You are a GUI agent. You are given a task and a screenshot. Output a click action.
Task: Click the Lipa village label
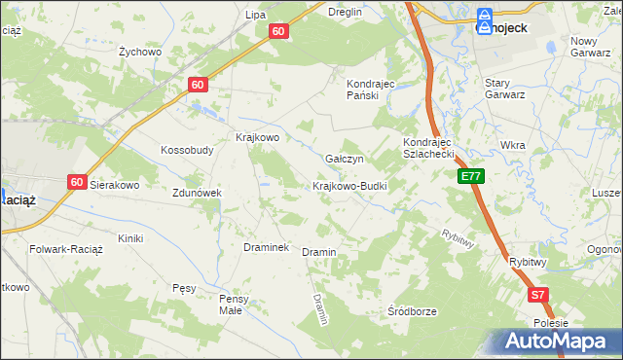[x=256, y=15]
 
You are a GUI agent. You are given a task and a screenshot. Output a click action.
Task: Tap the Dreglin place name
[x=346, y=12]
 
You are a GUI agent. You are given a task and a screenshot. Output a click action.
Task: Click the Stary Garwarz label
[x=505, y=89]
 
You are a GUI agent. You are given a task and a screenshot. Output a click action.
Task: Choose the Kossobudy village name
[x=187, y=151]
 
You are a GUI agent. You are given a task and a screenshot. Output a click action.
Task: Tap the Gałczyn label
[x=345, y=159]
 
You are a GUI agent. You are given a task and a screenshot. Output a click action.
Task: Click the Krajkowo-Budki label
[x=350, y=186]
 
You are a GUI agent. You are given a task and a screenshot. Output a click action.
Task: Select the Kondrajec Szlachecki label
[x=429, y=148]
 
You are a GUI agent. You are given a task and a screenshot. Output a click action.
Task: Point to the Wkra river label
[x=512, y=145]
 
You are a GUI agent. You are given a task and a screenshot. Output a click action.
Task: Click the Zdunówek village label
[x=199, y=193]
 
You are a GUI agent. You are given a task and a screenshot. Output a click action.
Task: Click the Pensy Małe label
[x=236, y=305]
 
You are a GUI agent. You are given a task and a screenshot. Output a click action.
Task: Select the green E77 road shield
[x=471, y=176]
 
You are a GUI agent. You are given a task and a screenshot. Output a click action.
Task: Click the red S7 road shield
[x=538, y=294]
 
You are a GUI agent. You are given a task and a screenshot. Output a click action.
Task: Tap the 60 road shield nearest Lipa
[x=279, y=31]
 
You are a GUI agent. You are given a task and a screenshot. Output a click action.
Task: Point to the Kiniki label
[x=130, y=238]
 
